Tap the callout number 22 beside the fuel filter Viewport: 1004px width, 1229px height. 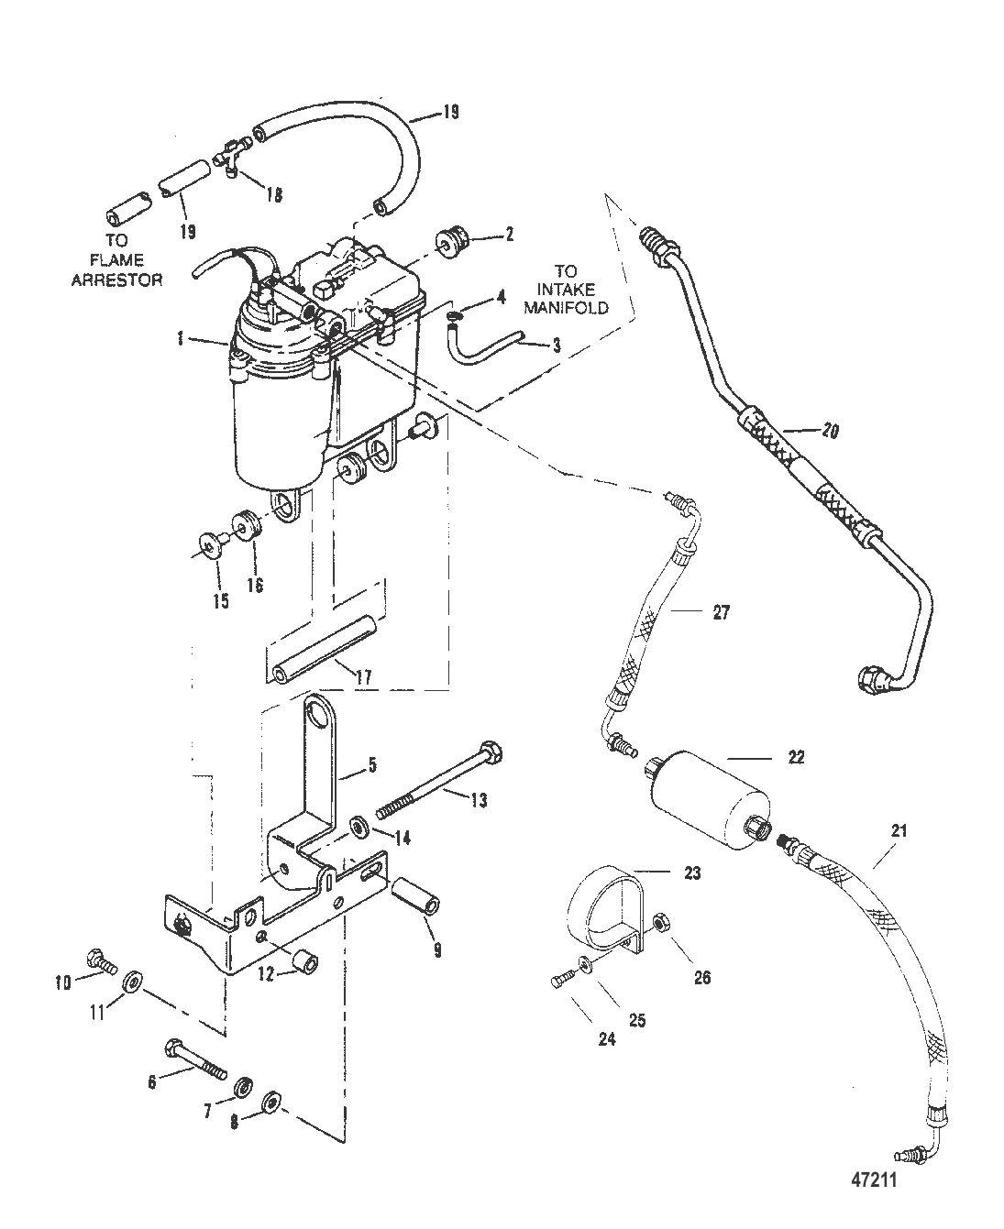(x=797, y=757)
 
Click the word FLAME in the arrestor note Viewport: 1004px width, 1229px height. (x=117, y=260)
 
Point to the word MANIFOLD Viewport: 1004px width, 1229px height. (x=566, y=307)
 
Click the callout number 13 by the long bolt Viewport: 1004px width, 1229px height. (x=479, y=801)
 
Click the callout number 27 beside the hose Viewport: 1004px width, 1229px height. (x=722, y=612)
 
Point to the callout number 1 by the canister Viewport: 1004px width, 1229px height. (x=181, y=338)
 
